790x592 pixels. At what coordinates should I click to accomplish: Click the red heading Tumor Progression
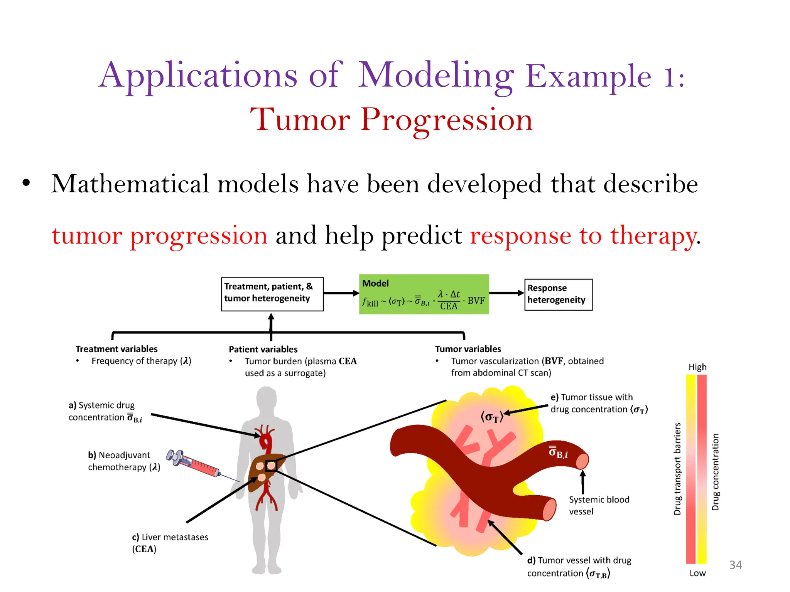point(392,119)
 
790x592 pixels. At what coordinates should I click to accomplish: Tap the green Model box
point(424,294)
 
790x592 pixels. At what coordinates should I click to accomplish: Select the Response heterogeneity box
point(558,294)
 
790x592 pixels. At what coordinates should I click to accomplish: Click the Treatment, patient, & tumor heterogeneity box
point(272,294)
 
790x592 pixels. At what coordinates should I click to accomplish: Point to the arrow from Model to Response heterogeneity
point(506,293)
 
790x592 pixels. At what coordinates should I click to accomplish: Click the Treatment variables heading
point(116,349)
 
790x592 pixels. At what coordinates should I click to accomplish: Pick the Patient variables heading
point(263,349)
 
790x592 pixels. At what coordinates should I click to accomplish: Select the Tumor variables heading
point(468,349)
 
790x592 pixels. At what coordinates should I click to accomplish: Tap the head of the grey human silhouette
point(267,401)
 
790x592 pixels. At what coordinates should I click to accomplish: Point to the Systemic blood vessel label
point(598,505)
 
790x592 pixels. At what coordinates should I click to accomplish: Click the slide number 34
point(735,565)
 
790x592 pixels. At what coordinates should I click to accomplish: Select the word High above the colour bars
point(697,367)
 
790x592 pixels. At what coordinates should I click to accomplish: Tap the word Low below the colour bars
point(697,573)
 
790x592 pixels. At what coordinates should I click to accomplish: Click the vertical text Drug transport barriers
point(677,469)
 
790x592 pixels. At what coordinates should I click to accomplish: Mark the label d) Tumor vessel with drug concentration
point(579,567)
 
